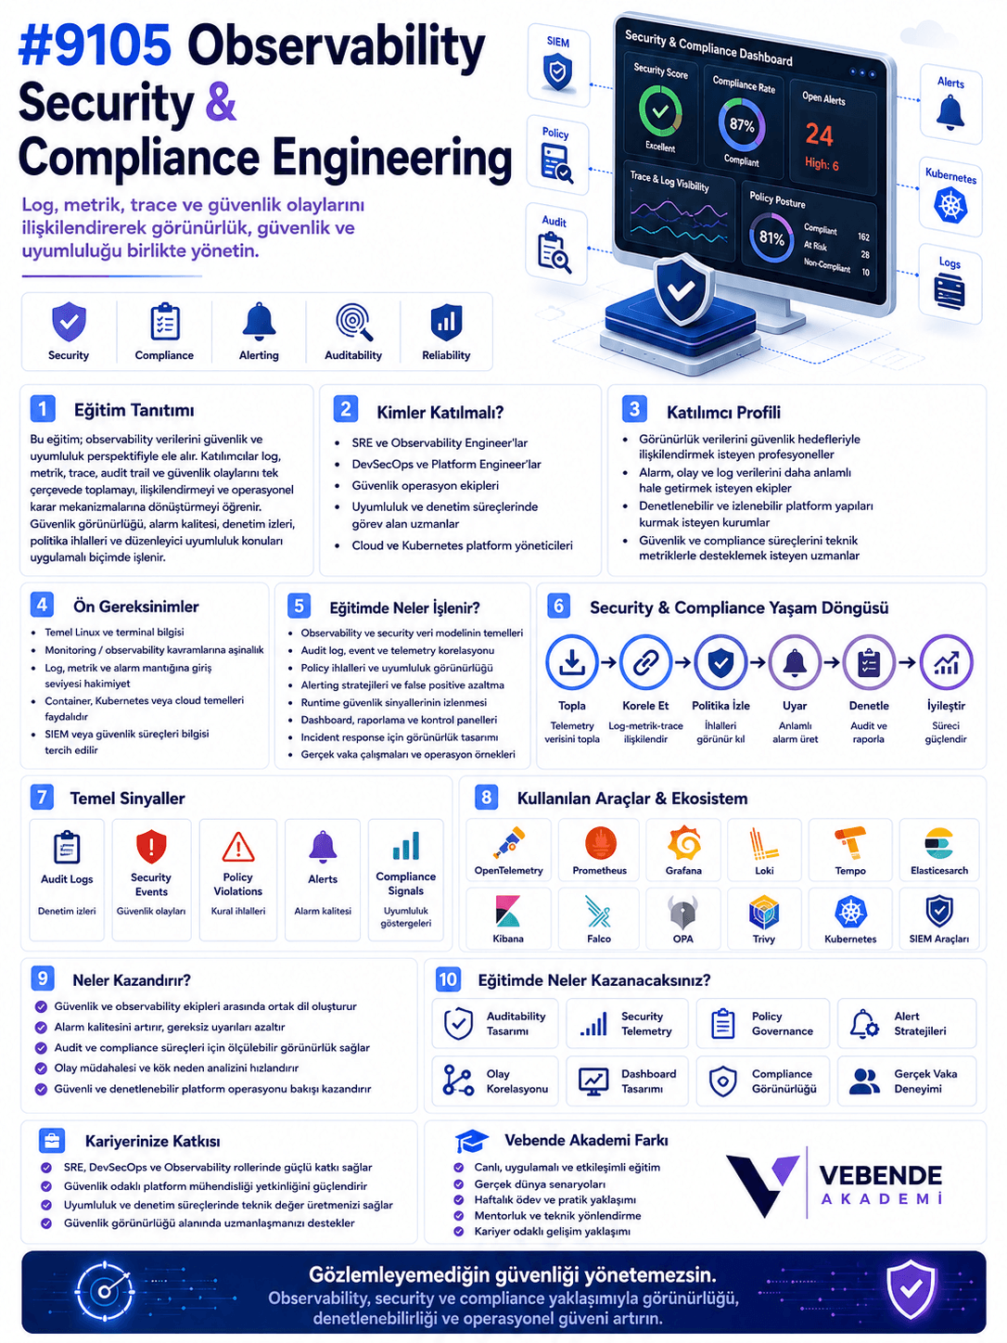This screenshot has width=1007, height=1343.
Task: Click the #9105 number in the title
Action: pos(95,45)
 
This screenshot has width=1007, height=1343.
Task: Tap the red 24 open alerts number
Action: pos(819,134)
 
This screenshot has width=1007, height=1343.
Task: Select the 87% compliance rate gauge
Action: pos(741,125)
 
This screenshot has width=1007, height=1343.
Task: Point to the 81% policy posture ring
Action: pos(771,238)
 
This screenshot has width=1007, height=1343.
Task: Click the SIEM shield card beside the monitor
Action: pos(557,65)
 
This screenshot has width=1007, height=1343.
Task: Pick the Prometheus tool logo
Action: pos(600,842)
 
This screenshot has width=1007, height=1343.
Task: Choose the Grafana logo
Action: pos(683,842)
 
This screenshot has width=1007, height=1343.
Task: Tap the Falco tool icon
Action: pos(598,911)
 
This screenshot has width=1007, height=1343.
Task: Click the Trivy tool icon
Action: pos(764,912)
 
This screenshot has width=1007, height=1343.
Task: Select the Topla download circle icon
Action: pos(572,661)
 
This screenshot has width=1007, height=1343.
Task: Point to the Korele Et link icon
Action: pos(645,661)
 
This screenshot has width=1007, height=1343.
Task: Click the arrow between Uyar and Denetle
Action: pos(831,662)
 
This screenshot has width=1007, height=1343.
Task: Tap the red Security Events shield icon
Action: pos(151,846)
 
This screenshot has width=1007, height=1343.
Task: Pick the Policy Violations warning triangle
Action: pos(237,847)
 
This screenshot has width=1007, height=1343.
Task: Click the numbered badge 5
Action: pos(299,606)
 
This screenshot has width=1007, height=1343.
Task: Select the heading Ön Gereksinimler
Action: pos(135,607)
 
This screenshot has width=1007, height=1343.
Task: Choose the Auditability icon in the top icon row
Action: pos(354,322)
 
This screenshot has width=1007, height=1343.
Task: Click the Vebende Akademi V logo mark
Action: pos(762,1183)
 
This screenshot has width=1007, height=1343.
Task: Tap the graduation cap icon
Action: pos(471,1141)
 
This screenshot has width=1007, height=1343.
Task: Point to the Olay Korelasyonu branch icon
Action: pos(458,1080)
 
